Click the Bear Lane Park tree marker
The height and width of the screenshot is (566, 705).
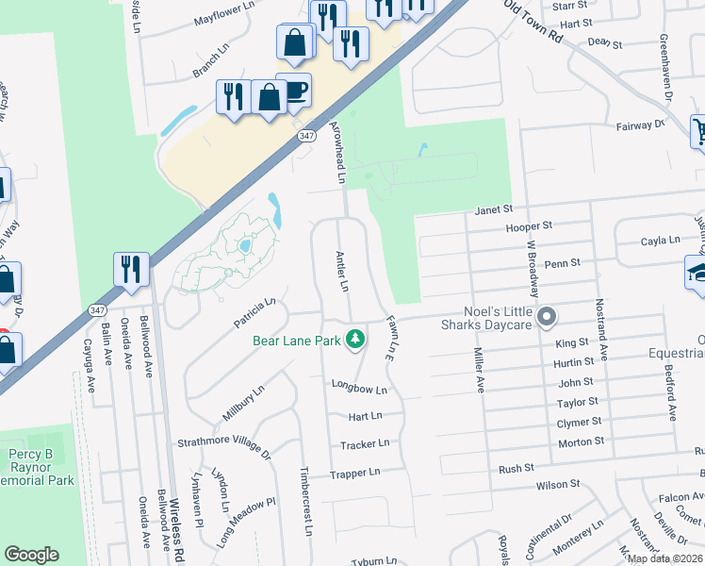coord(355,339)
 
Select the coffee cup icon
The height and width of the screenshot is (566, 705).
coord(294,91)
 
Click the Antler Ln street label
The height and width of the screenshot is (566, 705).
coord(344,271)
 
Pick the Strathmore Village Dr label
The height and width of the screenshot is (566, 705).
coord(224,448)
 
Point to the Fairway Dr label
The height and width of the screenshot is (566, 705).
coord(640,124)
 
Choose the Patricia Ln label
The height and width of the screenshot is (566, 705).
coord(254,314)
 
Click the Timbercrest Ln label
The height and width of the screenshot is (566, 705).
coord(305,500)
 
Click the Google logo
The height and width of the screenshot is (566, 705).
coord(32,555)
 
